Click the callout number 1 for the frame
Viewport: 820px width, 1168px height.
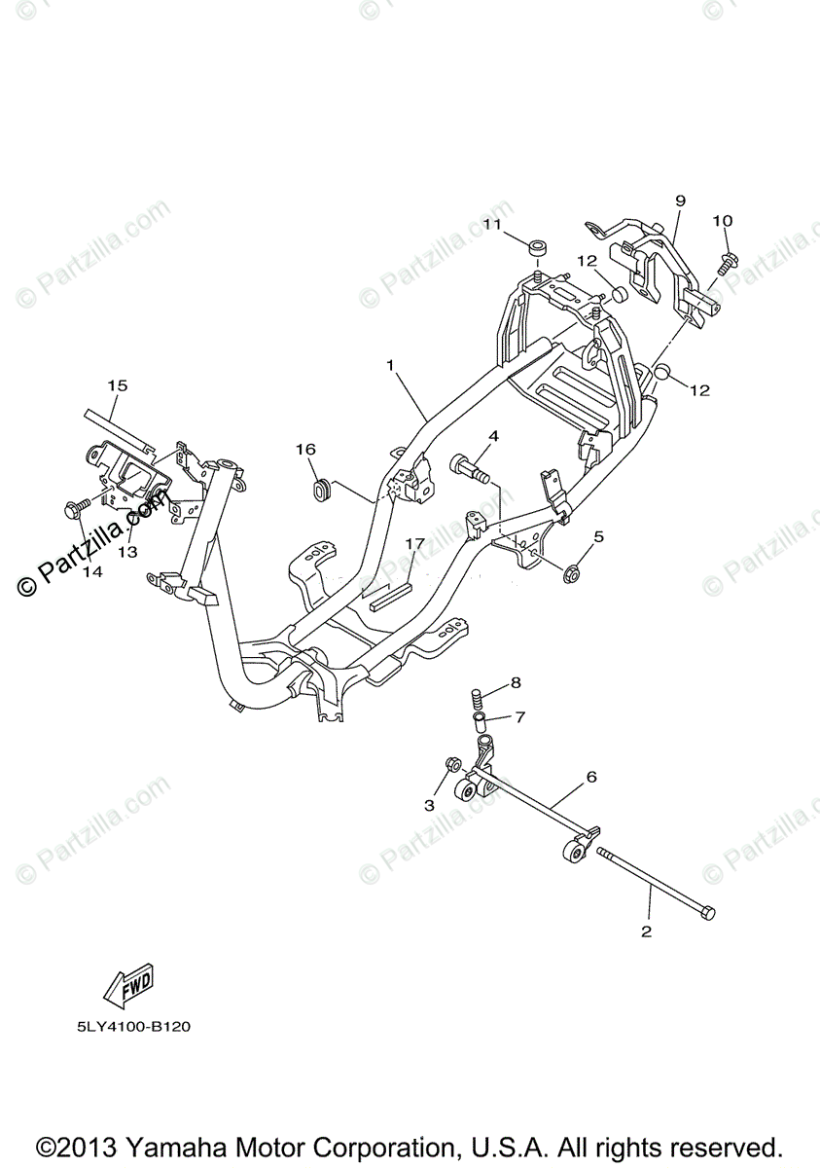[390, 366]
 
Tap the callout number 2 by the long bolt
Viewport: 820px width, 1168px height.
[646, 931]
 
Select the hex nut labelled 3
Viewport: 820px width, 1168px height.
[451, 763]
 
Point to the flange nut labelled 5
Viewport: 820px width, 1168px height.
[574, 575]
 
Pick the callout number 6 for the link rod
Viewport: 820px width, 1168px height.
[590, 777]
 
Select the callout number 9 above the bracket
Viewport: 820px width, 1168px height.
[680, 201]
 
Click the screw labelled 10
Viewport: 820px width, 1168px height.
[726, 260]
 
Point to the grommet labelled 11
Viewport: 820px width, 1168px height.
[536, 246]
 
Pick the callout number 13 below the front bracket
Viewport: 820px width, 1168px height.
[127, 552]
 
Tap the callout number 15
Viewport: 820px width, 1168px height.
[117, 386]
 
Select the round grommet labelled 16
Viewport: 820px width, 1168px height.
[318, 488]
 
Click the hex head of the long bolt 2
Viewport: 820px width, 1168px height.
[708, 912]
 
